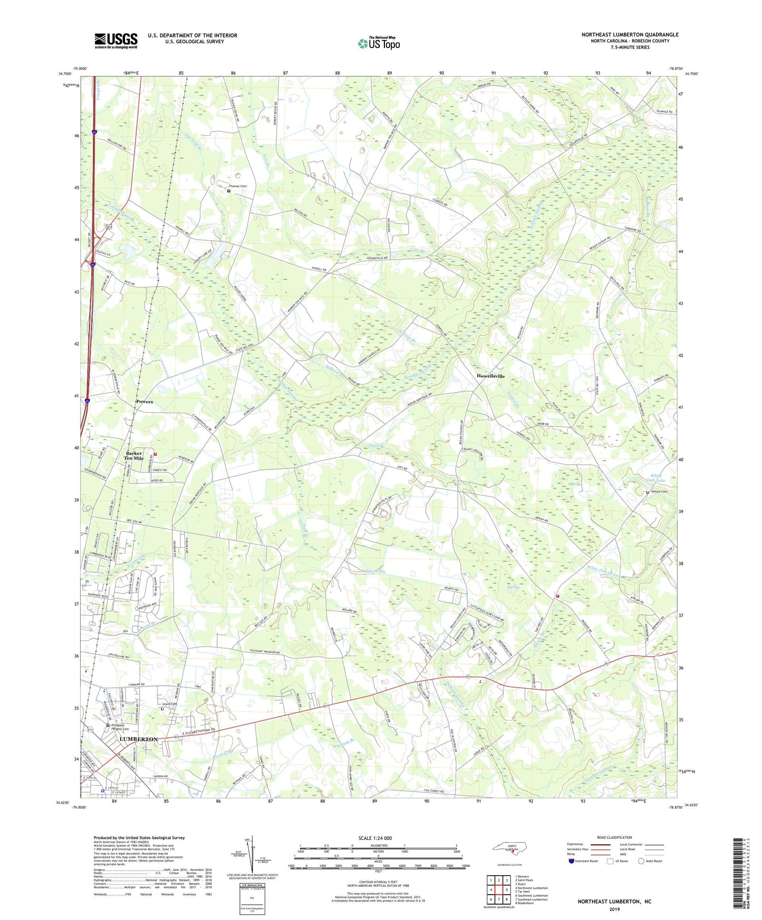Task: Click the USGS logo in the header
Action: pos(116,41)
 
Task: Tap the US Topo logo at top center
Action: pos(379,43)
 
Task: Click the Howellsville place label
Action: pos(490,376)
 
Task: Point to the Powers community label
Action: pos(144,402)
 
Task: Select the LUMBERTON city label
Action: pos(139,739)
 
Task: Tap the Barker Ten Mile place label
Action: pos(134,456)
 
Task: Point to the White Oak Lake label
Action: pos(657,478)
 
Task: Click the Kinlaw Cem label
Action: pos(658,492)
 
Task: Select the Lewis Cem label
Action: pos(170,704)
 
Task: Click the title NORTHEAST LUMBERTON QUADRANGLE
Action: pos(630,35)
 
